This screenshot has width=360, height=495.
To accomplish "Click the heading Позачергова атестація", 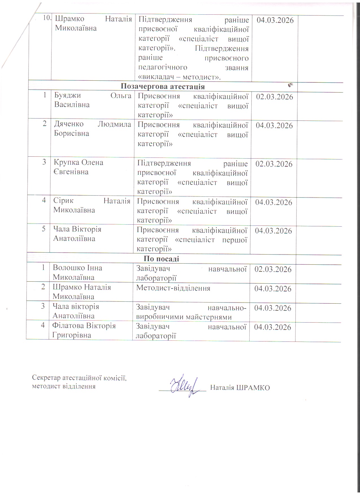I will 163,86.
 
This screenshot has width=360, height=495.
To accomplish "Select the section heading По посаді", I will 161,259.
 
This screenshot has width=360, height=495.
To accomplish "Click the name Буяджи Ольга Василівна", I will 93,100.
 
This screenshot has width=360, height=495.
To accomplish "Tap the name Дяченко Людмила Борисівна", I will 92,129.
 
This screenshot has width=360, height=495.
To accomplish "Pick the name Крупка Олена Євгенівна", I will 78,167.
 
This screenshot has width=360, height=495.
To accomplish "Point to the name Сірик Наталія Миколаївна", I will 91,205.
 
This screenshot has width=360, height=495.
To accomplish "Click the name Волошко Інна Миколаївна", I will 77,272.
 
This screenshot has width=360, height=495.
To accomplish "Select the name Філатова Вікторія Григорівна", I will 84,330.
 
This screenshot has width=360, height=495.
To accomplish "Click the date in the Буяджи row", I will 274,97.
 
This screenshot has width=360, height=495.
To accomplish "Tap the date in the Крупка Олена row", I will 274,164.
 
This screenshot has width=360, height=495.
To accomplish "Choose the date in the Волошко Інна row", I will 273,269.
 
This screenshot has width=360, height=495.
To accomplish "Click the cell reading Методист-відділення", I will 173,288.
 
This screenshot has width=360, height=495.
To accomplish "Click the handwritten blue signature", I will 184,386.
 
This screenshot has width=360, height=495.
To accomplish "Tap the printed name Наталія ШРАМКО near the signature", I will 240,387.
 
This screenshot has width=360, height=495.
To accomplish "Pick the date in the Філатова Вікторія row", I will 272,327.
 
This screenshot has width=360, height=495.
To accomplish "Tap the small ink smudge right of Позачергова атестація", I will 291,85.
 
